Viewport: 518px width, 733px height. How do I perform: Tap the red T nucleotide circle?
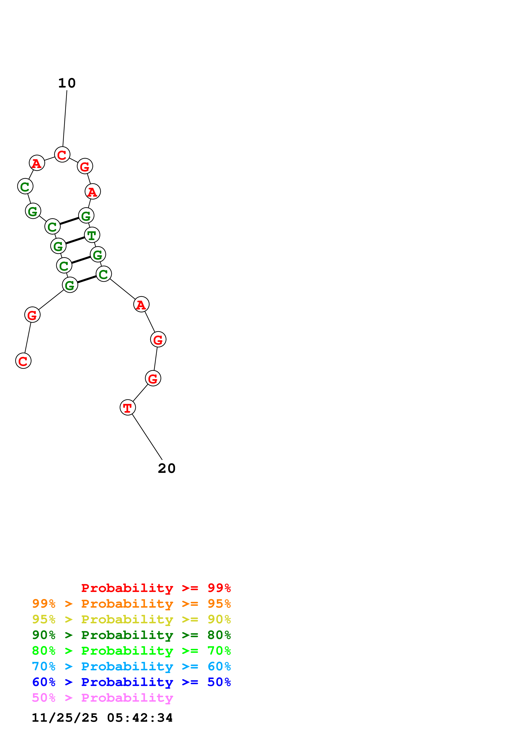pyautogui.click(x=128, y=407)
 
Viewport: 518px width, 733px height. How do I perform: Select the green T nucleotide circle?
pyautogui.click(x=92, y=235)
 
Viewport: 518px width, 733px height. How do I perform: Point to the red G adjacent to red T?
pyautogui.click(x=153, y=378)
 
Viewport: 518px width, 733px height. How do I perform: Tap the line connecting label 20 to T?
pyautogui.click(x=147, y=437)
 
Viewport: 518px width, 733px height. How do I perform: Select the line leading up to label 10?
pyautogui.click(x=65, y=118)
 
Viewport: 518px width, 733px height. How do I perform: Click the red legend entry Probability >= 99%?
pyautogui.click(x=156, y=588)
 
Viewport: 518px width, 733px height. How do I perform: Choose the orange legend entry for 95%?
pyautogui.click(x=131, y=604)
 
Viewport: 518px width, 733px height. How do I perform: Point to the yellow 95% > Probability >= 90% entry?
pyautogui.click(x=131, y=619)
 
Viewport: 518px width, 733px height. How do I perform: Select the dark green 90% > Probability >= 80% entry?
pyautogui.click(x=131, y=635)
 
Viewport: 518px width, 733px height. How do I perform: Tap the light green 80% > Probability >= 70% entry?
pyautogui.click(x=131, y=651)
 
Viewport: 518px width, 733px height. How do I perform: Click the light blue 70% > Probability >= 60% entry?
pyautogui.click(x=131, y=666)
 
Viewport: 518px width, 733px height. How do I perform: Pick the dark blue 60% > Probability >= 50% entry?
pyautogui.click(x=131, y=682)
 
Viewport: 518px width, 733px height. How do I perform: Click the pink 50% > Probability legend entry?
pyautogui.click(x=102, y=697)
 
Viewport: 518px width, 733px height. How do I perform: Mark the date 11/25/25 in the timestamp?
pyautogui.click(x=65, y=718)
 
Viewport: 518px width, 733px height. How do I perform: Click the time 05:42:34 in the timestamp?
pyautogui.click(x=140, y=718)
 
